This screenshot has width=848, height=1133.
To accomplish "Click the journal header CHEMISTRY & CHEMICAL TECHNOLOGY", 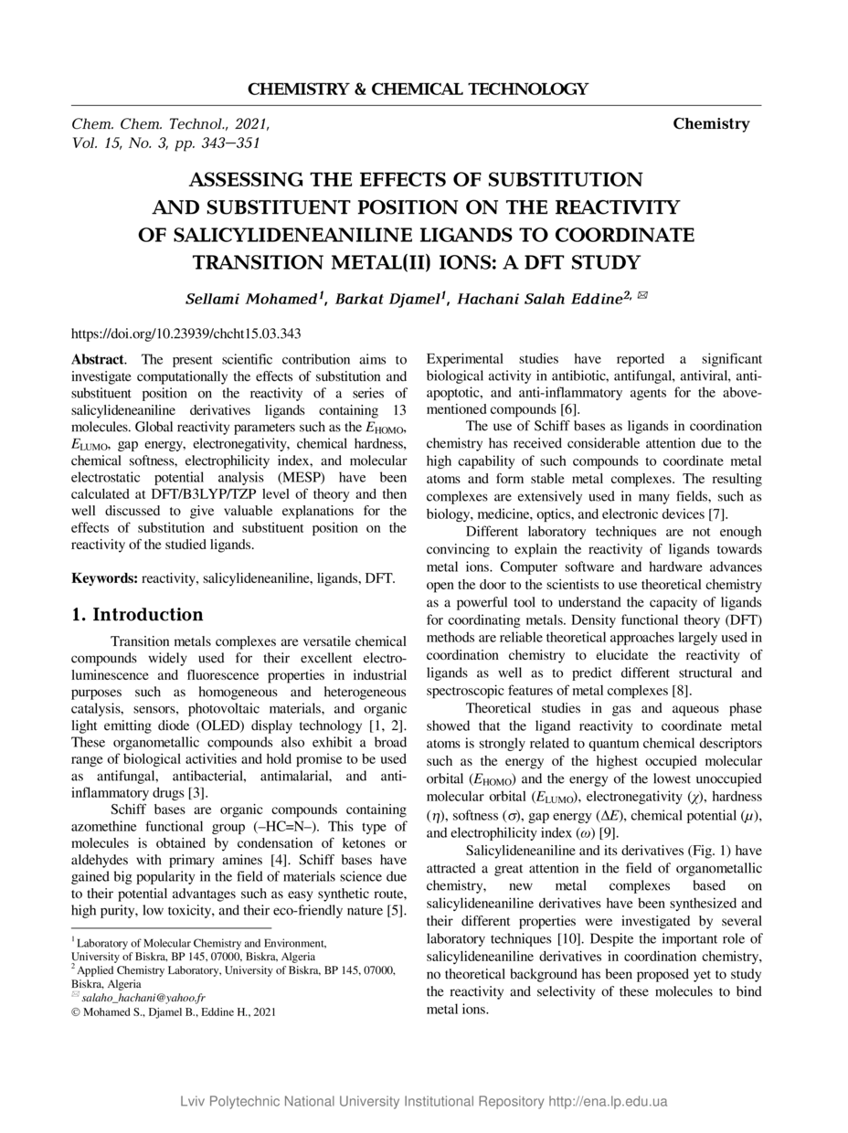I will tap(418, 90).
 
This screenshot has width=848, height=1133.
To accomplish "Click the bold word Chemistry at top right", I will tap(711, 124).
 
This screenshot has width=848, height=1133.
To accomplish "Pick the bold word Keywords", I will tap(104, 578).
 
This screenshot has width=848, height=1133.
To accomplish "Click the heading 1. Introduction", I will tap(137, 615).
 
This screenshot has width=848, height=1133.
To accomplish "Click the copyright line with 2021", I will tap(173, 1012).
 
